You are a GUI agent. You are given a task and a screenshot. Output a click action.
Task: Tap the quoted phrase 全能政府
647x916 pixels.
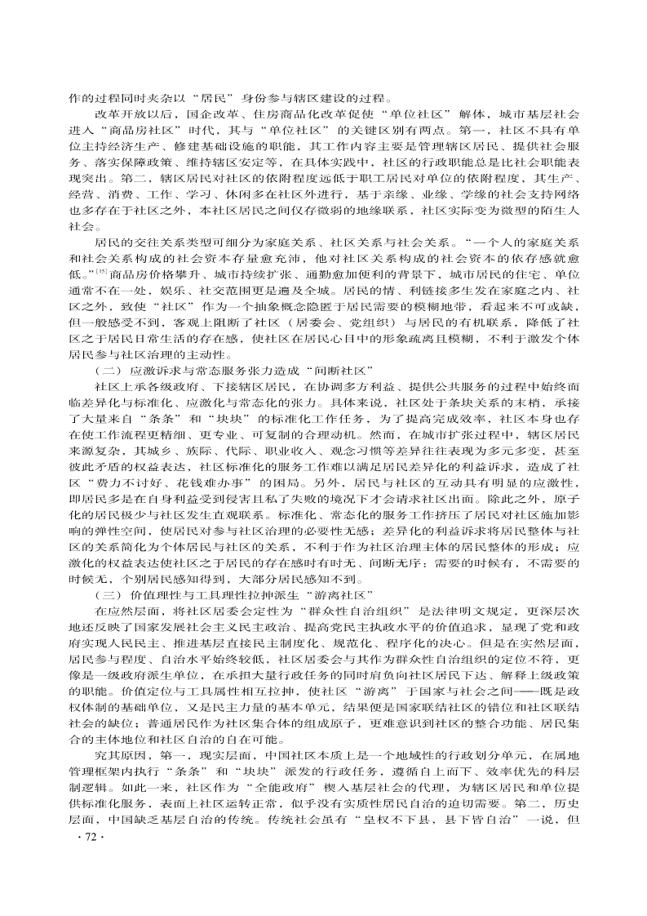[284, 816]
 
